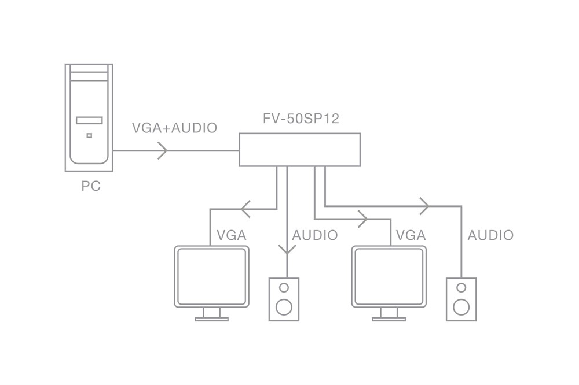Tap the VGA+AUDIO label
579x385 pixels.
[x=174, y=128]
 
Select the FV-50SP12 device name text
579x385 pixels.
[x=301, y=119]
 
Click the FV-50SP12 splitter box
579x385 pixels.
[x=300, y=150]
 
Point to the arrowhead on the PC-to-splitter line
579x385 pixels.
[x=163, y=150]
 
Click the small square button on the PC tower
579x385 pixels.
[x=89, y=136]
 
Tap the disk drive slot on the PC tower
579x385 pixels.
[x=89, y=120]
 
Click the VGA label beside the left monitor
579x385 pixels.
[x=232, y=235]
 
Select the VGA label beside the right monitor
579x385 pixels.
[x=411, y=235]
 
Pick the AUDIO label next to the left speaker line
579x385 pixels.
[x=315, y=235]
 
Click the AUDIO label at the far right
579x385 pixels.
[x=490, y=235]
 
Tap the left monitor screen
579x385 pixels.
[x=212, y=276]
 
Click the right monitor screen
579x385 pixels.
[x=389, y=276]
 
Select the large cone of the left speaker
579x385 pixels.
[x=284, y=306]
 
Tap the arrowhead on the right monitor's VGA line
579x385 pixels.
[x=363, y=219]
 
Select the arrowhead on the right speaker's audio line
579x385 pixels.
[x=425, y=205]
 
